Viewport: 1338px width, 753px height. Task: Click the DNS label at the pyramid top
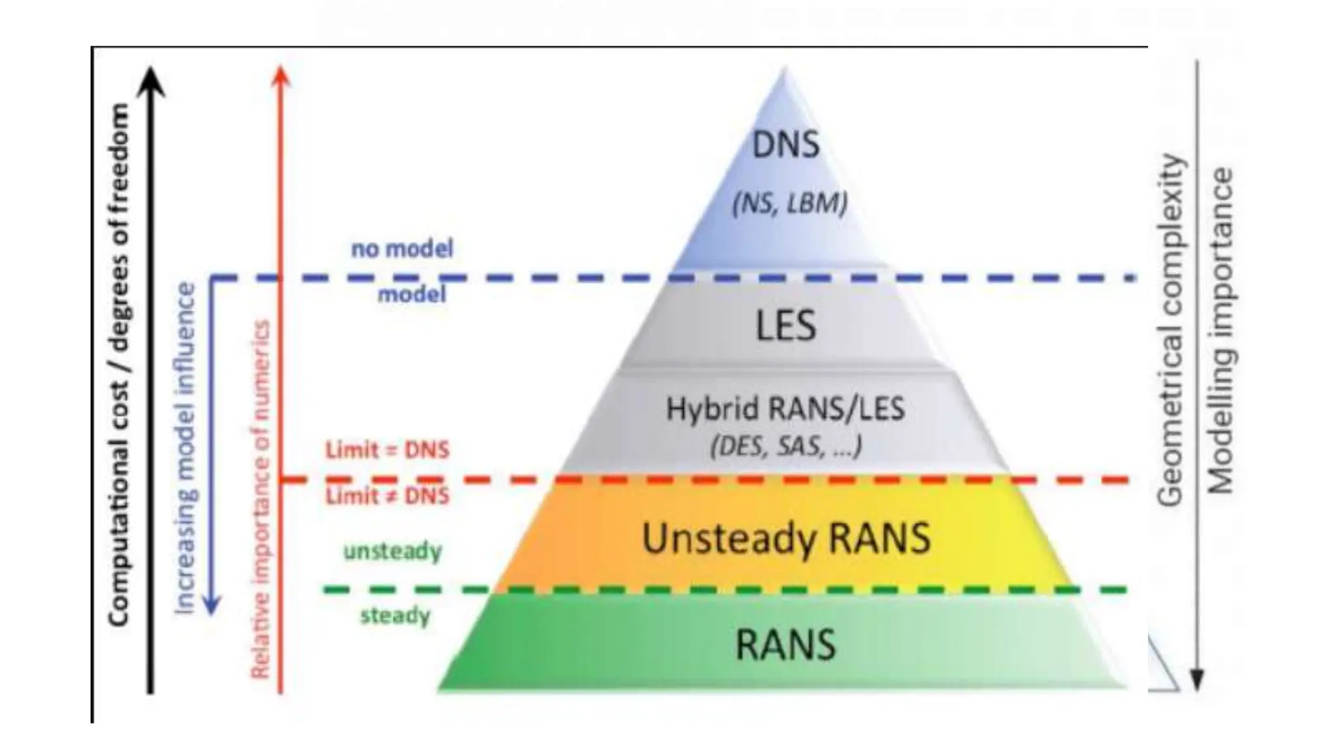click(x=785, y=145)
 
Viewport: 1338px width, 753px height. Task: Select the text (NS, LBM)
click(x=789, y=204)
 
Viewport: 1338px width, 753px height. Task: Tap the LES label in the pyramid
click(x=786, y=326)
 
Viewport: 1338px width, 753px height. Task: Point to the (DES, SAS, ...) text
click(x=786, y=447)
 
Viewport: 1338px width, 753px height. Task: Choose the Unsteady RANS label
click(x=786, y=539)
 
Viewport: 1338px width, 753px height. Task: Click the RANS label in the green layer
click(x=786, y=644)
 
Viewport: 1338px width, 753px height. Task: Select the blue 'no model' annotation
click(x=402, y=248)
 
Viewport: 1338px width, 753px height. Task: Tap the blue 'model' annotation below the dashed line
click(x=412, y=294)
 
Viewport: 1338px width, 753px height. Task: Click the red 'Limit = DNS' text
click(x=387, y=450)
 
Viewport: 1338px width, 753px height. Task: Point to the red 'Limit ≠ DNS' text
click(x=387, y=496)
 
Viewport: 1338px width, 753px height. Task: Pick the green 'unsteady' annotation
click(x=393, y=552)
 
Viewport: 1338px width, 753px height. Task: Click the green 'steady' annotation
click(x=395, y=616)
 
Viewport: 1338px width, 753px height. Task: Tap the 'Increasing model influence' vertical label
click(x=186, y=448)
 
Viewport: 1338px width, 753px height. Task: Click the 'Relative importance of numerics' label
click(x=261, y=499)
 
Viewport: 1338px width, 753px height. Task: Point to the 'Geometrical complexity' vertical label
click(x=1169, y=330)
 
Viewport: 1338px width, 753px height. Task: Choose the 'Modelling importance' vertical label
click(x=1219, y=331)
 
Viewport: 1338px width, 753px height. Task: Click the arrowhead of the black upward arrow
click(x=151, y=78)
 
